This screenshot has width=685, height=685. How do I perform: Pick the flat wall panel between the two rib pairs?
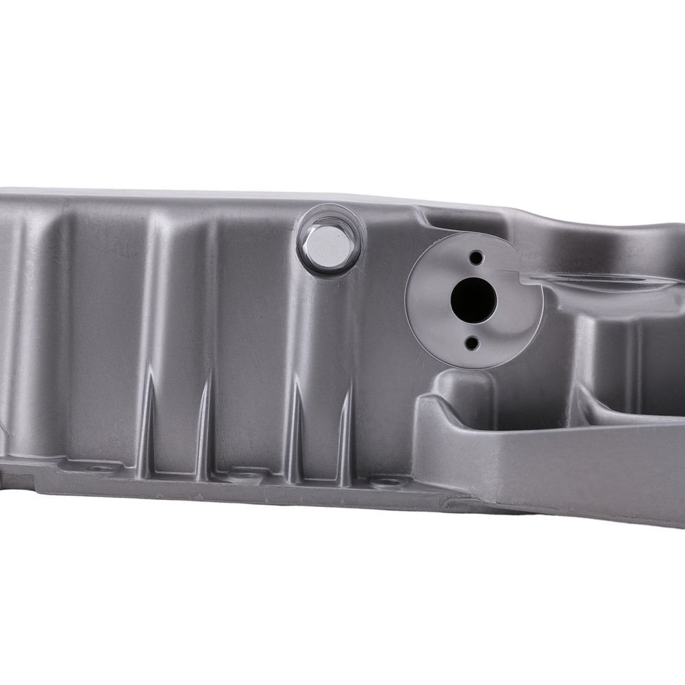(250, 329)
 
